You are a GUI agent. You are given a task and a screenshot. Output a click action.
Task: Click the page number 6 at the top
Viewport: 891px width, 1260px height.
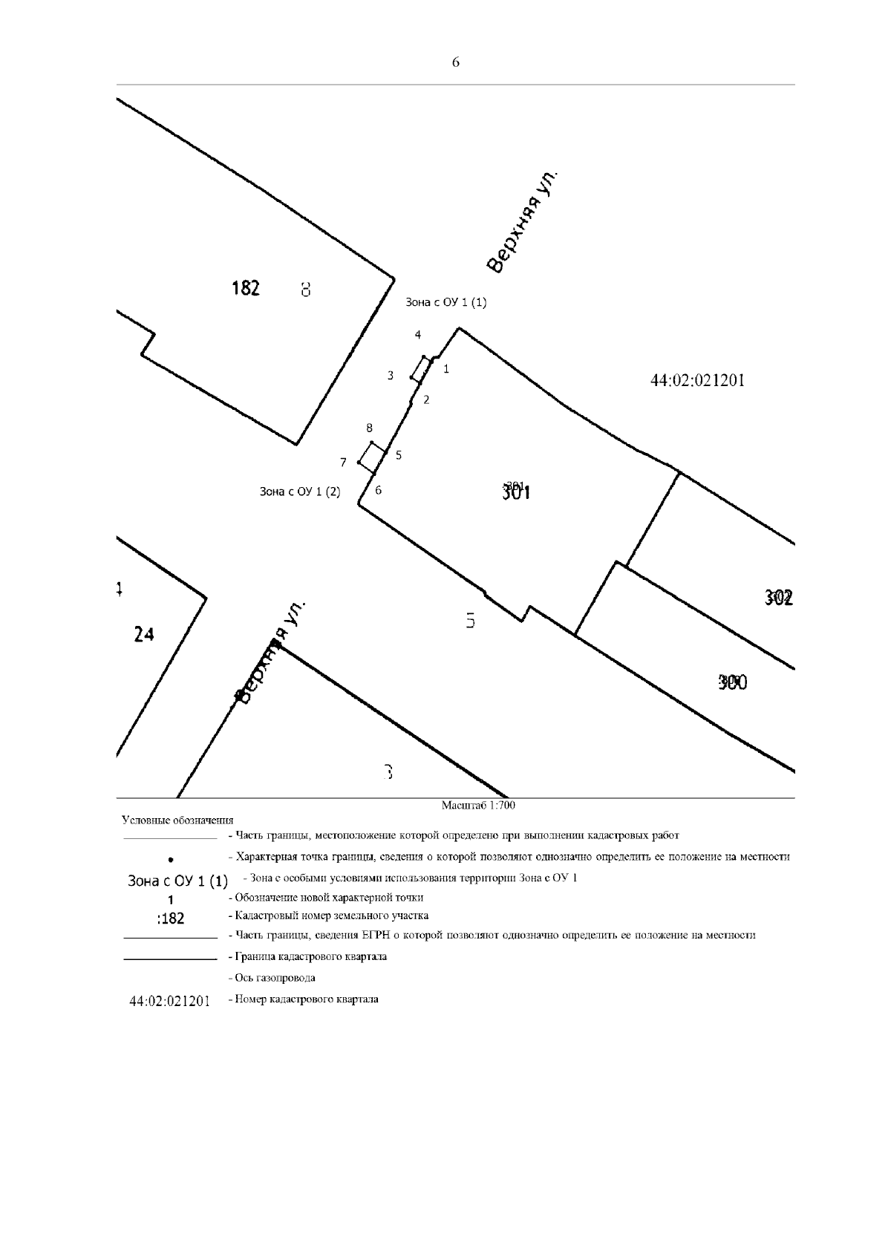coord(455,63)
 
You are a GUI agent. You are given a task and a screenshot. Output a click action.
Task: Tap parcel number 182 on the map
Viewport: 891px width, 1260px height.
coord(246,288)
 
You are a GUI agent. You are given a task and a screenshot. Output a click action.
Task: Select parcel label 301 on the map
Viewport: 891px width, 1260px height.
coord(517,491)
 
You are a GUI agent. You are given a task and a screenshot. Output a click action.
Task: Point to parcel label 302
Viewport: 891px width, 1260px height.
coord(779,598)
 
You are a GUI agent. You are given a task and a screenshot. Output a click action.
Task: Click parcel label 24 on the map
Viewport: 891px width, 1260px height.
coord(144,634)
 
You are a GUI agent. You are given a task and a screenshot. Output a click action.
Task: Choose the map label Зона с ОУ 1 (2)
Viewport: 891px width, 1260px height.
coord(300,492)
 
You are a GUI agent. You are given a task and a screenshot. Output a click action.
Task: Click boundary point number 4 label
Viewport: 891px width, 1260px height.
coord(418,335)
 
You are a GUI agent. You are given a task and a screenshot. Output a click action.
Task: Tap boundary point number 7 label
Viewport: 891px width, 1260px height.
coord(343,463)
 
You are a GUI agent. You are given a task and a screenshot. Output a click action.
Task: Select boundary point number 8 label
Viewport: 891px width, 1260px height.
coord(369,428)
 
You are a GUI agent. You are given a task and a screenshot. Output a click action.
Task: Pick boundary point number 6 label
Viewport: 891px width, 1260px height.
coord(379,490)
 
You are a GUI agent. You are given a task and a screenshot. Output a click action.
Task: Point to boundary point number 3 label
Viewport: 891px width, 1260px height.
coord(391,376)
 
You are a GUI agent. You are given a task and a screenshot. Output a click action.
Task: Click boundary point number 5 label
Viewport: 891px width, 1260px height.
coord(399,455)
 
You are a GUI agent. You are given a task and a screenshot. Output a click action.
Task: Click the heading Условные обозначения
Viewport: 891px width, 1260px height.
coord(177,820)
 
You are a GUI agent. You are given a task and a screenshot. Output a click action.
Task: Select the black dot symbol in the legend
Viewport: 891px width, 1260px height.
coord(171,859)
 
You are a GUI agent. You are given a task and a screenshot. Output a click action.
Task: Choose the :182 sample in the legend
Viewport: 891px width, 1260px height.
coord(171,918)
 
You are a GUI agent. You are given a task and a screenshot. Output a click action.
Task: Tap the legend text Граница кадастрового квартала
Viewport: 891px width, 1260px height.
coord(307,956)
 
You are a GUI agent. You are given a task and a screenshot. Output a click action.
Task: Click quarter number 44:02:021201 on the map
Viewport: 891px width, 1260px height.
coord(697,381)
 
